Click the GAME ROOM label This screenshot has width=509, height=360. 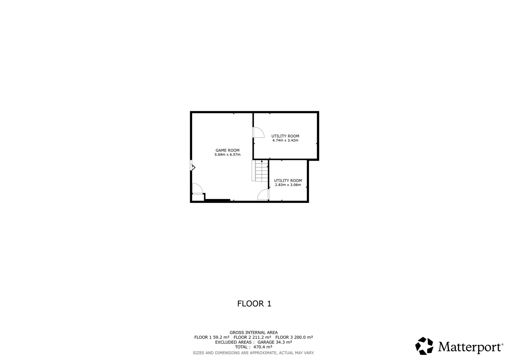[x=227, y=150]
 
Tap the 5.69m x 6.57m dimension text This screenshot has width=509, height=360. [x=227, y=155]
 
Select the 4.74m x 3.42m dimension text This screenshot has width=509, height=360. [x=285, y=140]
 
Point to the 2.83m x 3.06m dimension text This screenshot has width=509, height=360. [x=288, y=185]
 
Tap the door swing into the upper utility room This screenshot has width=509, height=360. [x=259, y=132]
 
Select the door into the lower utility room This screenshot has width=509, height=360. [x=263, y=194]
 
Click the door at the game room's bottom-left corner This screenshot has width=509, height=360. [x=197, y=188]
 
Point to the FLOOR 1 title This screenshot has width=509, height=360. [x=254, y=304]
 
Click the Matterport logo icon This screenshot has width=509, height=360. [x=424, y=346]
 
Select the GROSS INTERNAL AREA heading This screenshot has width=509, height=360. [x=254, y=333]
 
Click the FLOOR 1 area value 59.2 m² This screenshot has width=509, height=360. [x=220, y=337]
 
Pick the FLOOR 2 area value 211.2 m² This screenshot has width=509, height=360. [x=261, y=337]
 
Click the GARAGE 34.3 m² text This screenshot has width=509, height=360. [x=274, y=342]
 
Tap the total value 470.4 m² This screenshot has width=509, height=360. [x=263, y=347]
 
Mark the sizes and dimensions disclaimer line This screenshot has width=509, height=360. [x=254, y=353]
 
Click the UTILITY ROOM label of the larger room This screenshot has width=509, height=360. [x=285, y=136]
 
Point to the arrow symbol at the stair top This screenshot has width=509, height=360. [x=262, y=161]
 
